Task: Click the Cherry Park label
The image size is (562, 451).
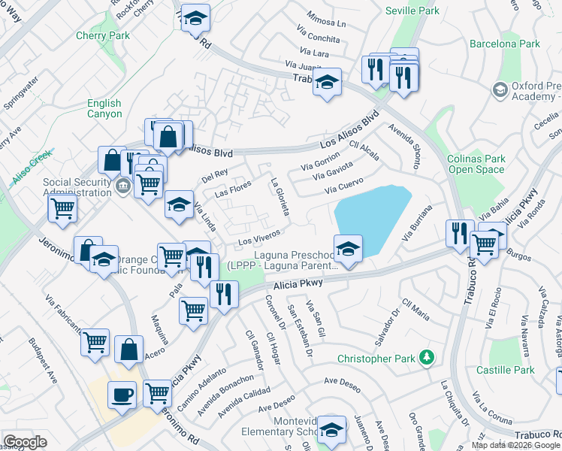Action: pos(103,35)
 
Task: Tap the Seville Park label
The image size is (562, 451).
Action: pos(412,11)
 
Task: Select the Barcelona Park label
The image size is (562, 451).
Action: pos(505,44)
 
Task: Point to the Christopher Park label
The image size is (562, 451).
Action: pos(376,358)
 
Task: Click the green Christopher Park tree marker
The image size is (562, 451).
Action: pos(427,356)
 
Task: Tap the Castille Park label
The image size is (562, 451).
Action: pos(505,370)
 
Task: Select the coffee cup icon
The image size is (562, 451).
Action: pos(122,394)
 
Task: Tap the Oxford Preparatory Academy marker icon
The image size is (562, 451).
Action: pos(499,91)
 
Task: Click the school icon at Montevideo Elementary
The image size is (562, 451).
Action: pos(331,429)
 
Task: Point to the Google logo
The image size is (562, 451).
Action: pos(25,443)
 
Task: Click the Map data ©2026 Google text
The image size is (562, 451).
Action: pos(515,445)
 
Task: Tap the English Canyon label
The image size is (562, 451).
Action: pos(104,109)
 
